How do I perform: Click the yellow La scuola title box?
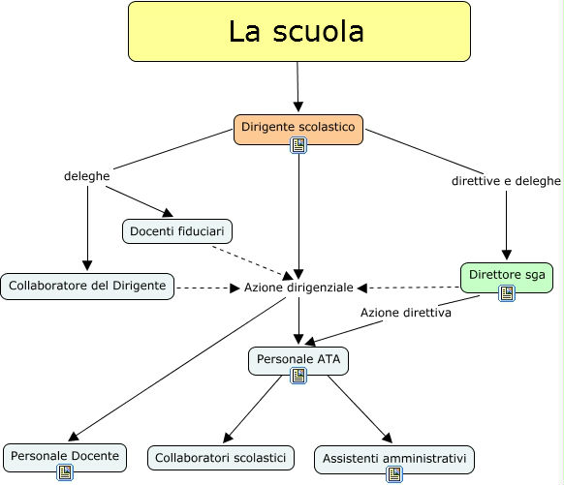(298, 33)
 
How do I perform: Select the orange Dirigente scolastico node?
(298, 127)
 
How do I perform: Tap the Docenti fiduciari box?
(177, 231)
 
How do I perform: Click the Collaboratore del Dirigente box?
(88, 286)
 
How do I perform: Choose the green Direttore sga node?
(507, 275)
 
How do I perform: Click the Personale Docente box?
(65, 454)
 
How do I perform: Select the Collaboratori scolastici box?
(221, 457)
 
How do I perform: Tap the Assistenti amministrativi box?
(394, 457)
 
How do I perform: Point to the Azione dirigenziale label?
(298, 288)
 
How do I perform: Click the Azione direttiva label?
(404, 313)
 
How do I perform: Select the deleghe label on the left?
(86, 177)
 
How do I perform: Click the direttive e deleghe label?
(506, 181)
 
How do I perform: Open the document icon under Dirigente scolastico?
(298, 146)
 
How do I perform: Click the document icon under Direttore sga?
(507, 294)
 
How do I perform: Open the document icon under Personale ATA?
(298, 377)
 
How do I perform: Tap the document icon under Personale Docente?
(65, 472)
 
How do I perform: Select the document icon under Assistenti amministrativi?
(394, 474)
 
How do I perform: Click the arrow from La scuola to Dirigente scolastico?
(298, 87)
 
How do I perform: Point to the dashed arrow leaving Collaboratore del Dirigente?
(206, 287)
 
